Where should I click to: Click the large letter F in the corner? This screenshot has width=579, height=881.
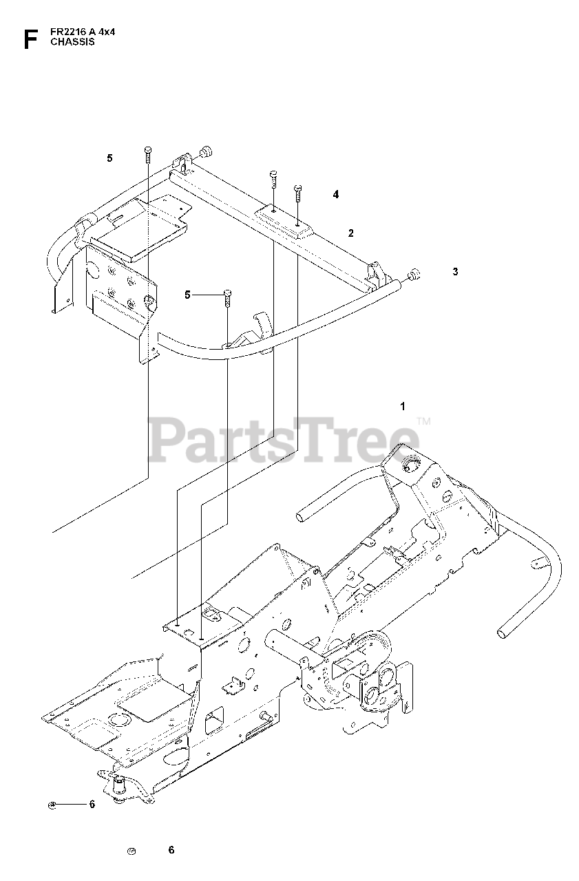pos(28,39)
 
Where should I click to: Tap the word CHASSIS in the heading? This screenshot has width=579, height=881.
pos(72,41)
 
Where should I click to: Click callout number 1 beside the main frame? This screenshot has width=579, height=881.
pos(403,407)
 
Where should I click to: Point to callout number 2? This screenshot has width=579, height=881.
pos(350,233)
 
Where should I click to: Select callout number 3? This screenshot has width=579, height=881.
pos(455,272)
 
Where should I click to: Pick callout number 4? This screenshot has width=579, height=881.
pos(336,195)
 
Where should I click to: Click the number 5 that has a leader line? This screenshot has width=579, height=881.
pos(187,295)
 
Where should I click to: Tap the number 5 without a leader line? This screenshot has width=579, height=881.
pos(109,158)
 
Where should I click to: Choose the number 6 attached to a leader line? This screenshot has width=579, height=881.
pos(92,805)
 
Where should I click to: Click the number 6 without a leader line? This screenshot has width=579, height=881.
pos(171,850)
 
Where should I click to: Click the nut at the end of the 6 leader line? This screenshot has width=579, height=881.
pos(52,805)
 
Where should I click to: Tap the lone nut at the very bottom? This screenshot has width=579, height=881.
pos(132,851)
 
